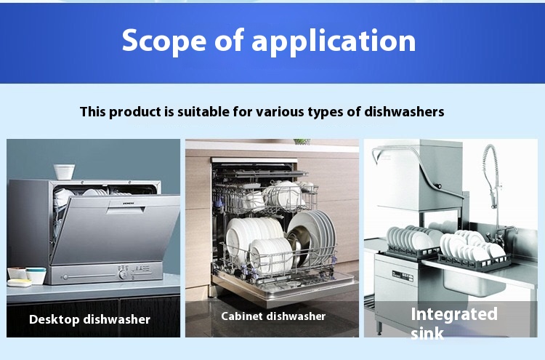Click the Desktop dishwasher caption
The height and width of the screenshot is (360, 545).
89,319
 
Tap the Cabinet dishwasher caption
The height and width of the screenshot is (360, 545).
273,316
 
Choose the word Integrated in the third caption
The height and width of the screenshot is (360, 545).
454,314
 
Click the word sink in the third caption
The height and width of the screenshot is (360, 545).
427,334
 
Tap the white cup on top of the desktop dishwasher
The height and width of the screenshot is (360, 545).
64,172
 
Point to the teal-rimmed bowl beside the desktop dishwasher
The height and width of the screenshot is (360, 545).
35,276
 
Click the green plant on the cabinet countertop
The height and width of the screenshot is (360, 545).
302,142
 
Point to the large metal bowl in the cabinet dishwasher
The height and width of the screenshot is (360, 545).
312,236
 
